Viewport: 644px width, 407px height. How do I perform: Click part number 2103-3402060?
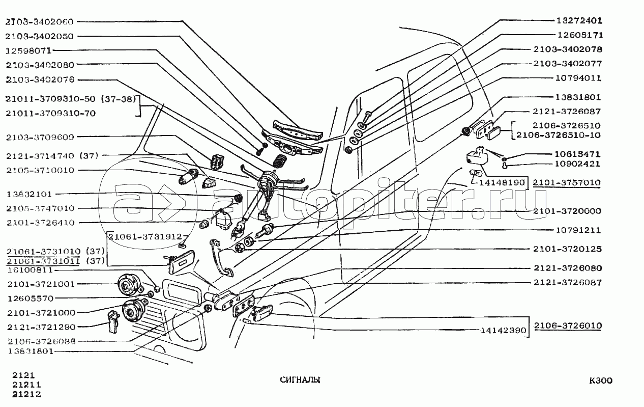(40, 22)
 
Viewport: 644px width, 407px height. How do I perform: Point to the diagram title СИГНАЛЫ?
(300, 380)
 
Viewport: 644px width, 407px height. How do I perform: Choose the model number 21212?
(26, 394)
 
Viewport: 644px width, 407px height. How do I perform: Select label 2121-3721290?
(41, 326)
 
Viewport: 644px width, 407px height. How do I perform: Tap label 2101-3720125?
(567, 249)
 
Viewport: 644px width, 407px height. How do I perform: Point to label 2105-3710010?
(41, 170)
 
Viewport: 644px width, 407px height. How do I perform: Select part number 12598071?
(30, 51)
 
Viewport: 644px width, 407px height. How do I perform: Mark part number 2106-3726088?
(42, 341)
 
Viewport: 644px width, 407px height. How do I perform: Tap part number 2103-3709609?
(41, 137)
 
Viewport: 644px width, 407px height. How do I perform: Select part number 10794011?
(578, 78)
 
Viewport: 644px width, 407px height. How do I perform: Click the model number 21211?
(26, 385)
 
